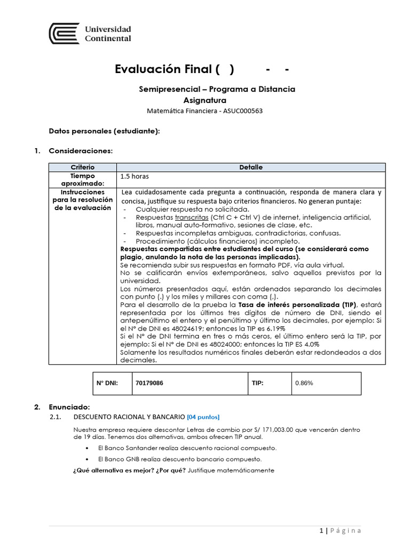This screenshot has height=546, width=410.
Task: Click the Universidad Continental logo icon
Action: point(64,34)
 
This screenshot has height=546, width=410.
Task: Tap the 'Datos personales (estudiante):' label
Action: point(104,131)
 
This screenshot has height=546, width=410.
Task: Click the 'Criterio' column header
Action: point(82,167)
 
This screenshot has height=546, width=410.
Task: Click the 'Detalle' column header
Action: point(251,167)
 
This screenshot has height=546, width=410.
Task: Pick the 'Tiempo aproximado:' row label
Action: point(82,179)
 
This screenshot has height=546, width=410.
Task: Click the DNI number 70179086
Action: point(149,383)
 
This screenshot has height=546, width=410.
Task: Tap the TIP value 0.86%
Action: point(304,383)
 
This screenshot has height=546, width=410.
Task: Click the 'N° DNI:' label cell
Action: point(106,383)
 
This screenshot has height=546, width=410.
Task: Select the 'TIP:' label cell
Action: point(257,383)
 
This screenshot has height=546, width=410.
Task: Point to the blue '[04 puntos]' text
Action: point(203,416)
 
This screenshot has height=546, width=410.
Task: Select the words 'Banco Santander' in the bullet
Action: point(131,448)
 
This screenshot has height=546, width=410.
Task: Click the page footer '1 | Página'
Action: point(340,530)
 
